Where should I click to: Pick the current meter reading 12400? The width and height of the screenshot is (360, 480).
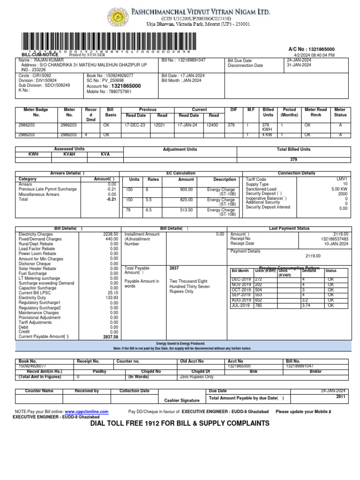(x=213, y=125)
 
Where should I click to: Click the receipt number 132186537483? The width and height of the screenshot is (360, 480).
(x=334, y=239)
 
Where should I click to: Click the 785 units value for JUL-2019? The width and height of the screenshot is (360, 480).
(x=258, y=305)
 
